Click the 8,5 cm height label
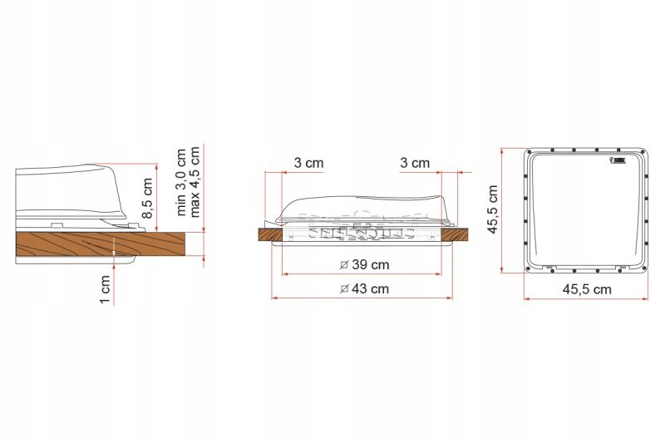pos(147,198)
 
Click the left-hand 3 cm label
pos(309,163)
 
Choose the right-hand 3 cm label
pos(415,163)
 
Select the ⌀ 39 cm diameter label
pos(365,265)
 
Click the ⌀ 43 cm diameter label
pos(365,289)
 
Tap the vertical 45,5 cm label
pos(493,209)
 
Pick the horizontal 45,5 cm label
pos(586,289)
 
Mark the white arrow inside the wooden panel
pos(112,244)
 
